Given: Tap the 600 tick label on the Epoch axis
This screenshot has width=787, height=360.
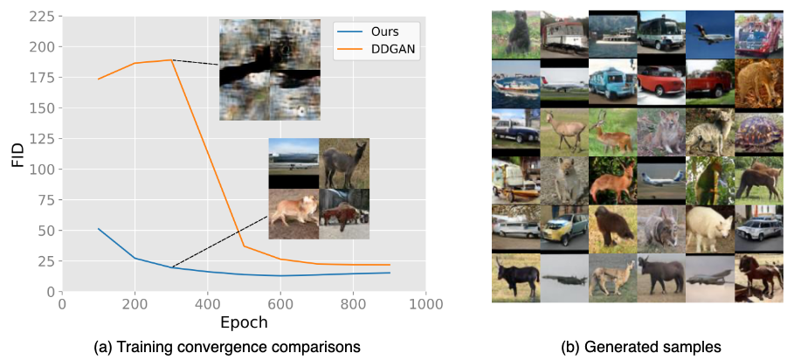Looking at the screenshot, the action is pyautogui.click(x=280, y=304).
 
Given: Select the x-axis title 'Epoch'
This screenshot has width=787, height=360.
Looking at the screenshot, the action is pyautogui.click(x=244, y=322).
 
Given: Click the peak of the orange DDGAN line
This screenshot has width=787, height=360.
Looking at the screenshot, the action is pyautogui.click(x=172, y=59).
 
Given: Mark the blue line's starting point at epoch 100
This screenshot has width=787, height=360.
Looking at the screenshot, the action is pyautogui.click(x=99, y=229).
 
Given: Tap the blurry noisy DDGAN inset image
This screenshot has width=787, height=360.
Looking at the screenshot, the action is pyautogui.click(x=270, y=70).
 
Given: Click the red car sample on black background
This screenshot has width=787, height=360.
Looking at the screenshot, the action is pyautogui.click(x=661, y=82).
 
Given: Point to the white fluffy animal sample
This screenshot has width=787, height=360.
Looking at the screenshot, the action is pyautogui.click(x=709, y=228).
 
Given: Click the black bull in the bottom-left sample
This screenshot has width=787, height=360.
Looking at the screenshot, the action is pyautogui.click(x=514, y=277).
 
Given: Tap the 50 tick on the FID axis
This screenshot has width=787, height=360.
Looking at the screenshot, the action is pyautogui.click(x=49, y=231).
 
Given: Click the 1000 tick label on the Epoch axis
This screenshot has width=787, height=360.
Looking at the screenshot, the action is pyautogui.click(x=425, y=304).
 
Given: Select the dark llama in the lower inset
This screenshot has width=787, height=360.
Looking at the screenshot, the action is pyautogui.click(x=344, y=163).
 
